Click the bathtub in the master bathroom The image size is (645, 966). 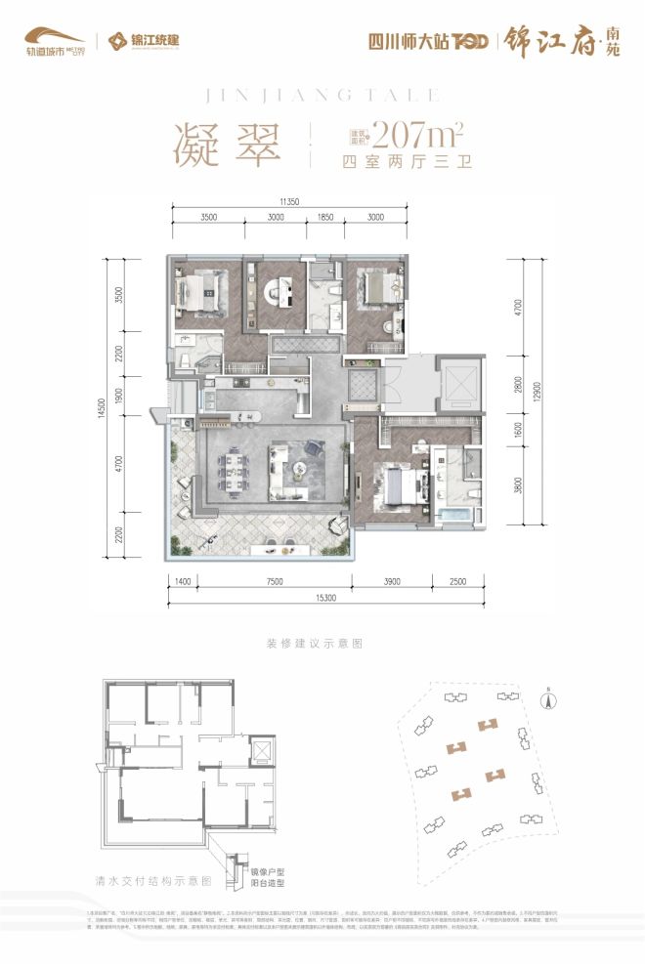tap(453, 514)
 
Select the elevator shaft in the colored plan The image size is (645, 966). tap(457, 380)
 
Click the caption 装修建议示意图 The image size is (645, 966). tap(314, 645)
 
